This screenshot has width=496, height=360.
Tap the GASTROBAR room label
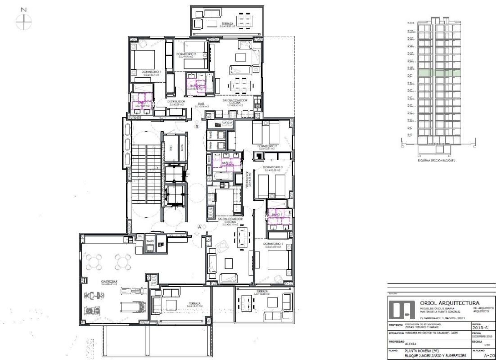(x=109, y=282)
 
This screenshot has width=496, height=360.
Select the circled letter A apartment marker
(x=199, y=227)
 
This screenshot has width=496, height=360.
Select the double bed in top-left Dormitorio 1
(x=143, y=60)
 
